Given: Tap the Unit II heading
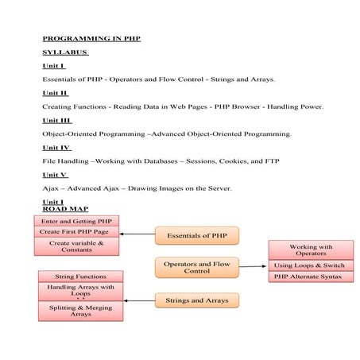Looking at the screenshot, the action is [x=56, y=92].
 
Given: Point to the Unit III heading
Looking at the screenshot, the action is [x=57, y=120].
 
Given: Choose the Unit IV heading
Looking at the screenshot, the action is [x=56, y=148].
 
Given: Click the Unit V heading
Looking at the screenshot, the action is [x=55, y=175].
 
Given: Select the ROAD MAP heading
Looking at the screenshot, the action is [x=64, y=209].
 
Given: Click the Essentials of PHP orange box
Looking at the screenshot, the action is [x=196, y=235].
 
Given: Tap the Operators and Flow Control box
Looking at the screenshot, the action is [x=196, y=267].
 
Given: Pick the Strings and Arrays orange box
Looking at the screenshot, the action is [x=196, y=300].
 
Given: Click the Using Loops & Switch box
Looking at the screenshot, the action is [x=311, y=265].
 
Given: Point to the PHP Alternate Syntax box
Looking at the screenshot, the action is [x=311, y=277].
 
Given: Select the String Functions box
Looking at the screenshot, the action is [x=81, y=277].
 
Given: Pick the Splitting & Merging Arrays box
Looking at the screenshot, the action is [x=81, y=311].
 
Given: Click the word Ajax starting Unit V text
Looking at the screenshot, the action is [x=50, y=188].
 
